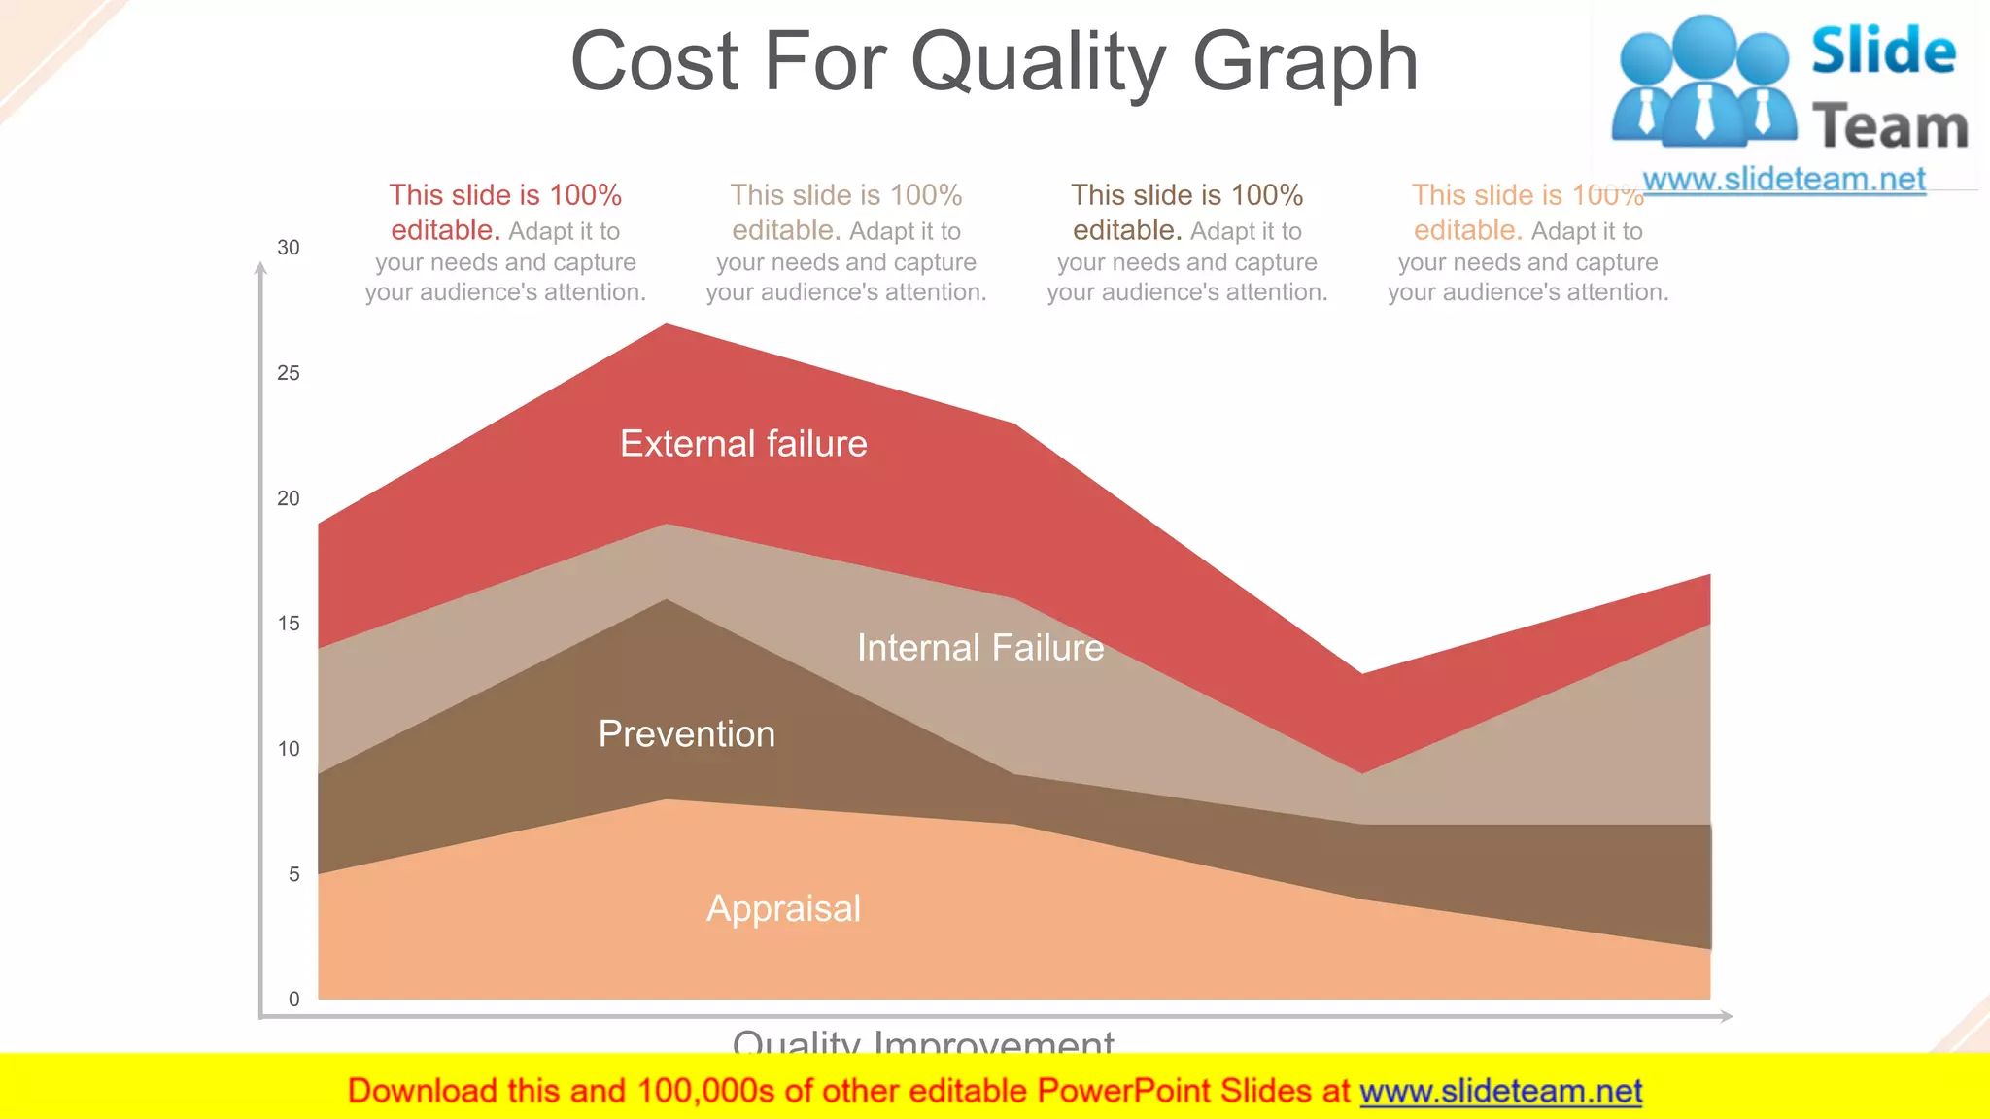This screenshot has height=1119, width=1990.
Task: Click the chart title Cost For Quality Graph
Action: pyautogui.click(x=994, y=62)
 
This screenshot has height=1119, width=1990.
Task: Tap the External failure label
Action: pyautogui.click(x=743, y=444)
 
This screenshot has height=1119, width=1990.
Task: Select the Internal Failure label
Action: pyautogui.click(x=980, y=648)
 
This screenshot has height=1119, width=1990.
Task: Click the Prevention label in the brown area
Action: pyautogui.click(x=687, y=734)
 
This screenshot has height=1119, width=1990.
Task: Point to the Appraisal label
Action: pyautogui.click(x=783, y=909)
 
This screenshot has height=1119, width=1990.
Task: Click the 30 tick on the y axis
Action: pyautogui.click(x=289, y=248)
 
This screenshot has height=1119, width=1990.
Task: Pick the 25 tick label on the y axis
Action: pyautogui.click(x=289, y=373)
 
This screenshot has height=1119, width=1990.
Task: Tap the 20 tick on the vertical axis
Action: pyautogui.click(x=289, y=498)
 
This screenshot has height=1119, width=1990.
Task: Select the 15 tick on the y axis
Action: pyautogui.click(x=289, y=624)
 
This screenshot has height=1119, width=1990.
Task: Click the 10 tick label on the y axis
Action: pyautogui.click(x=289, y=749)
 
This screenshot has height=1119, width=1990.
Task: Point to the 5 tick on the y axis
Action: pyautogui.click(x=293, y=874)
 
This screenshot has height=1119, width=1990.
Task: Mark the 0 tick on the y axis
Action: pyautogui.click(x=293, y=1000)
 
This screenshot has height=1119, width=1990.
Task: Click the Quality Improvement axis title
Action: pyautogui.click(x=923, y=1041)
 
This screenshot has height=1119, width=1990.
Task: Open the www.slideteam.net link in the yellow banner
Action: pyautogui.click(x=1500, y=1092)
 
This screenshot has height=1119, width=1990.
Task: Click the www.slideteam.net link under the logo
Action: pyautogui.click(x=1784, y=180)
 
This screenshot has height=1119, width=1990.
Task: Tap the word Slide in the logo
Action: pyautogui.click(x=1883, y=51)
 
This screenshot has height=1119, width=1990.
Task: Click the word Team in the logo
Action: pyautogui.click(x=1890, y=127)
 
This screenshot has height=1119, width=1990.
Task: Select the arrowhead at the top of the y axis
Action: pyautogui.click(x=260, y=269)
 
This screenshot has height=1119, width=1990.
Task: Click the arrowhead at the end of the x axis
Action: pyautogui.click(x=1726, y=1016)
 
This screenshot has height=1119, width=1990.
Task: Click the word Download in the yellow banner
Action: pyautogui.click(x=422, y=1092)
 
